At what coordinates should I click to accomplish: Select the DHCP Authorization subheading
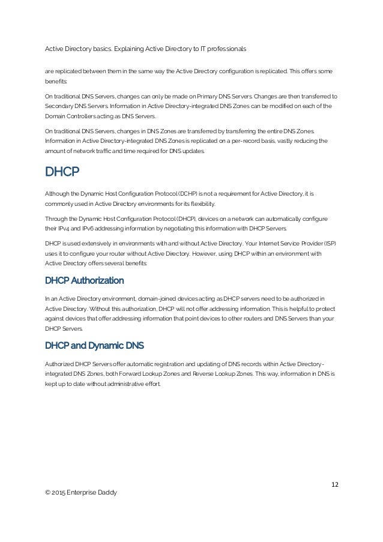[85, 280]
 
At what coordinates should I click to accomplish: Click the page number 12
[335, 484]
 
